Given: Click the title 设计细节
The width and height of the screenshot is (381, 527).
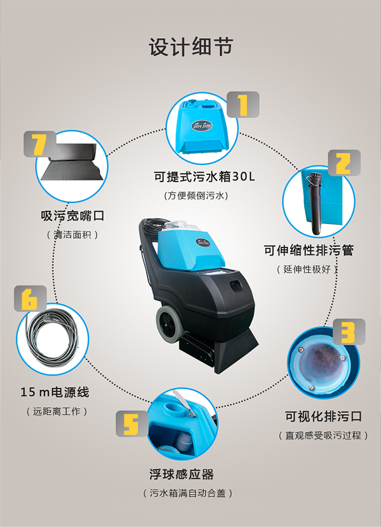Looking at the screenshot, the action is point(191,46).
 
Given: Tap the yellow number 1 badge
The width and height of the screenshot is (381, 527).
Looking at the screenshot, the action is point(243,105).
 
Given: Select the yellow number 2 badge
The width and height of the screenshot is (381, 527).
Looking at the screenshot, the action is point(344,163).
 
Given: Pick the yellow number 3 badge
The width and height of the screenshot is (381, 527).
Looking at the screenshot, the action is point(349,332).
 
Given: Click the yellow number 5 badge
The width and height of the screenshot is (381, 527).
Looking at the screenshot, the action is point(132,424).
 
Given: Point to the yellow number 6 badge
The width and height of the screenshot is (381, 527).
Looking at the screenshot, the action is point(30,299).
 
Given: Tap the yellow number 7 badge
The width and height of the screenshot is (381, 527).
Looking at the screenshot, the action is point(40,144).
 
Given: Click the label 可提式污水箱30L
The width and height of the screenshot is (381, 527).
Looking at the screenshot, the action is point(204,176).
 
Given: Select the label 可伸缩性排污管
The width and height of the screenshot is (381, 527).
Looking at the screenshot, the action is point(309,250).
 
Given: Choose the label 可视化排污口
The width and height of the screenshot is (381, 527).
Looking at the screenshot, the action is point(323,417).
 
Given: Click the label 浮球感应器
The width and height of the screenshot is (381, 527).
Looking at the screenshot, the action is point(182,474).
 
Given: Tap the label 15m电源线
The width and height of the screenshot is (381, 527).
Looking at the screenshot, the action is point(55,392).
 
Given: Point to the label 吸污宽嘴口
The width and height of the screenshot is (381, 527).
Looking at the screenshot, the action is point(72,216).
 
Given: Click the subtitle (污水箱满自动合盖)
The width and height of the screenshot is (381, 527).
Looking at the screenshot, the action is point(187,493).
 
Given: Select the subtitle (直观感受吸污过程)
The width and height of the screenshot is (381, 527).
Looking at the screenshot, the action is point(323,436).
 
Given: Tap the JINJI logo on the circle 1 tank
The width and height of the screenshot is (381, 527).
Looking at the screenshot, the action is point(201,126).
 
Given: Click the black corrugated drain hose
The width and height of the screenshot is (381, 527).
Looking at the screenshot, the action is point(316,204).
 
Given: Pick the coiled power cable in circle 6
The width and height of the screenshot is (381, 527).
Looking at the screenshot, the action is point(51,339).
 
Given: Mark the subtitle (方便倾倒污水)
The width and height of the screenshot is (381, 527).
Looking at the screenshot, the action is point(196,195).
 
